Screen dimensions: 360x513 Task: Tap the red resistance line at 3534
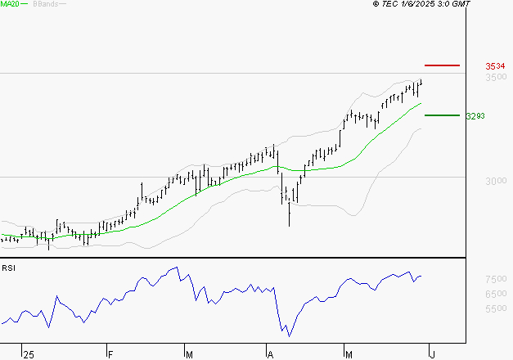[x=443, y=65]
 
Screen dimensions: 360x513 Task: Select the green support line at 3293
[x=442, y=115]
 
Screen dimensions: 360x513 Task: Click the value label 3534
[x=493, y=65]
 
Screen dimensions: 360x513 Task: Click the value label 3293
[x=475, y=116]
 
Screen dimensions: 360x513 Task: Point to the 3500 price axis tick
[x=496, y=77]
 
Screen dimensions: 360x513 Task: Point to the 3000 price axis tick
[x=496, y=181]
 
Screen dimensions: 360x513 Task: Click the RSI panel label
[x=8, y=268]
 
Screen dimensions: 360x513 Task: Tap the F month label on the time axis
[x=110, y=355]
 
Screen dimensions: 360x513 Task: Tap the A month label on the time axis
[x=269, y=355]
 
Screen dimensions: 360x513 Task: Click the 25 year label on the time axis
[x=29, y=355]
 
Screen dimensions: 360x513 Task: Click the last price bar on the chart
[x=421, y=82]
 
